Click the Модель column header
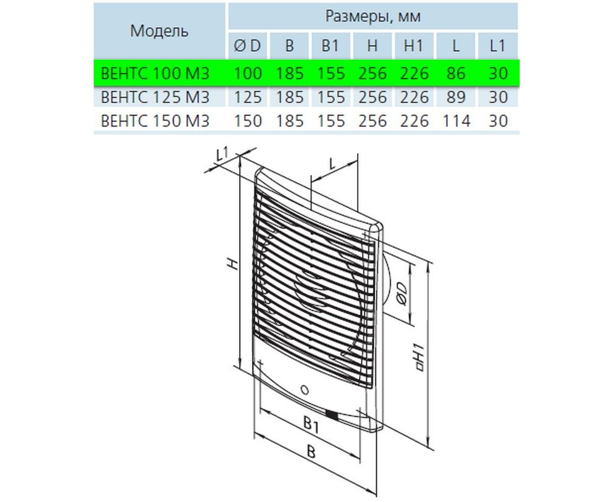point(159,30)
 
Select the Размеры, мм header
point(373,16)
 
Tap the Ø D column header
point(247,46)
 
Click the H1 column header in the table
point(414,46)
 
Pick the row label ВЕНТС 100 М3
point(155,74)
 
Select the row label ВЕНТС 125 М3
point(155,97)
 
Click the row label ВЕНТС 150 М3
point(155,120)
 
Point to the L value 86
point(456,74)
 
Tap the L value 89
point(456,97)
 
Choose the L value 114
point(456,120)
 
